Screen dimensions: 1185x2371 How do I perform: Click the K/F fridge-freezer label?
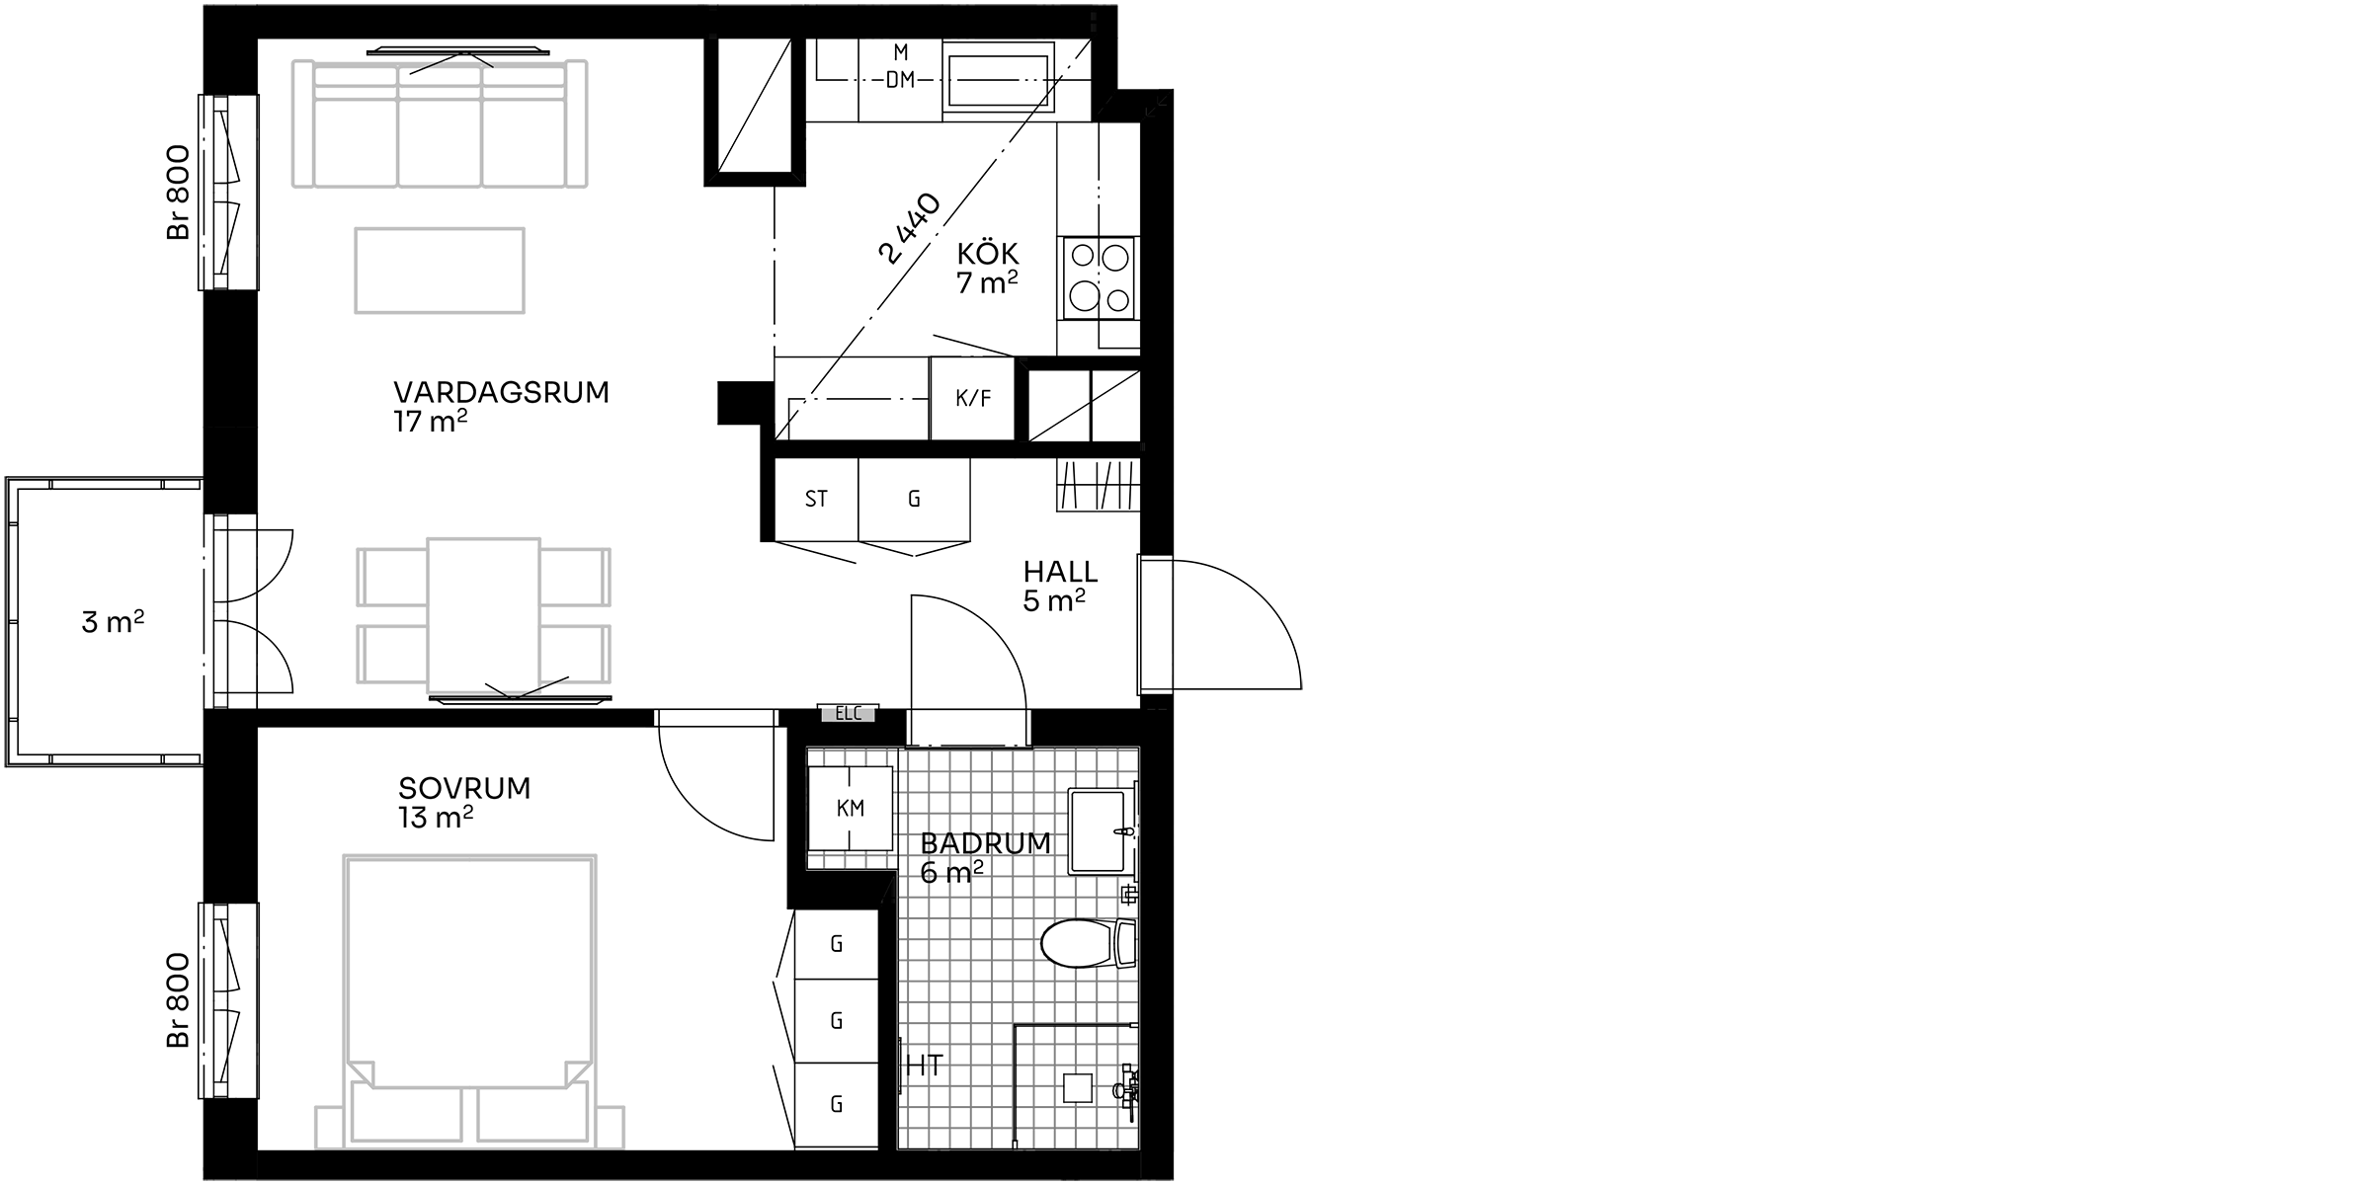point(973,399)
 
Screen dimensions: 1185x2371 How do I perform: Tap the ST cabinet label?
point(816,500)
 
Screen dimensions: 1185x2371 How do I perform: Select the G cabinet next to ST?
point(914,500)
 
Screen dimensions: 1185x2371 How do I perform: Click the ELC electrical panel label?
point(849,713)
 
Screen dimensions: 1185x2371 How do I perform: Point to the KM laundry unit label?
point(851,809)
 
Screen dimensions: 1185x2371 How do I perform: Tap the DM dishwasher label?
point(900,80)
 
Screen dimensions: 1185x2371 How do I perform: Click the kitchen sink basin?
point(999,80)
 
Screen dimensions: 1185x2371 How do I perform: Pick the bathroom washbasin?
point(1099,830)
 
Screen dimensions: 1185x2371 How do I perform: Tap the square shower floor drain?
point(1077,1088)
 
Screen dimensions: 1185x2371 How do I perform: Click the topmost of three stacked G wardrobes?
point(837,944)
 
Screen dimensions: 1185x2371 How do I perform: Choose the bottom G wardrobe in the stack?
point(837,1104)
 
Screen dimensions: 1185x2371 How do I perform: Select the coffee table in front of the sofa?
point(440,271)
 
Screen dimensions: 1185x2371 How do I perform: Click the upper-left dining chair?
point(394,577)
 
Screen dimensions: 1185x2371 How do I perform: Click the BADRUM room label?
point(983,844)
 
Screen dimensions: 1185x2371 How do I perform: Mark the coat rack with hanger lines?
point(1099,485)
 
